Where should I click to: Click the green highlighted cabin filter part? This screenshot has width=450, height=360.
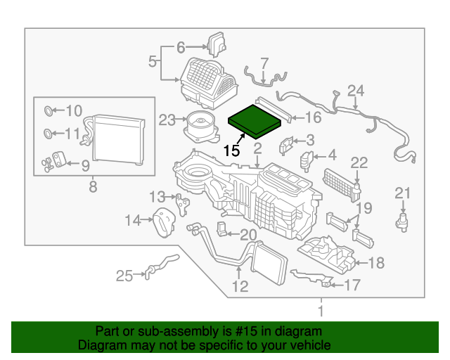tap(255, 122)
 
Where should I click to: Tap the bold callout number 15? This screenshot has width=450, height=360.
tap(231, 150)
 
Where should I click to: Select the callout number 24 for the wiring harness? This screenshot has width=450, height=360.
tap(356, 91)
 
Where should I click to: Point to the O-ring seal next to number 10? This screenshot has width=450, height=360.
tap(49, 111)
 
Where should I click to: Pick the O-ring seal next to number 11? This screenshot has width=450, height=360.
tap(48, 134)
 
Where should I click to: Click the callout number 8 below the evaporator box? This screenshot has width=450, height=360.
tap(93, 186)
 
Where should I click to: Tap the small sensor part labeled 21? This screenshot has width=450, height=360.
tap(402, 223)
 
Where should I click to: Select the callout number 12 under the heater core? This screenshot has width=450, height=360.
tap(240, 286)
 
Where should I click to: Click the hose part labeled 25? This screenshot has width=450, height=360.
tap(162, 265)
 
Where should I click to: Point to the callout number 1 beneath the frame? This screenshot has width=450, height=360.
tap(321, 311)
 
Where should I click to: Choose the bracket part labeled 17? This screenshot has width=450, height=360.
tap(313, 277)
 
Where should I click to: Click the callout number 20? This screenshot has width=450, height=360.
tap(248, 235)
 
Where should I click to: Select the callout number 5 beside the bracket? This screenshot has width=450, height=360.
tap(153, 61)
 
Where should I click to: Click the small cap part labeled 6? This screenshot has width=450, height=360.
tap(217, 45)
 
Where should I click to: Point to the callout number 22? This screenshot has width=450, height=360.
tap(359, 163)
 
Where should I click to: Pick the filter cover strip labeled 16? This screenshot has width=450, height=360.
tap(274, 110)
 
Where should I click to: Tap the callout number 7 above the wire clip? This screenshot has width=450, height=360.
tap(264, 64)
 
